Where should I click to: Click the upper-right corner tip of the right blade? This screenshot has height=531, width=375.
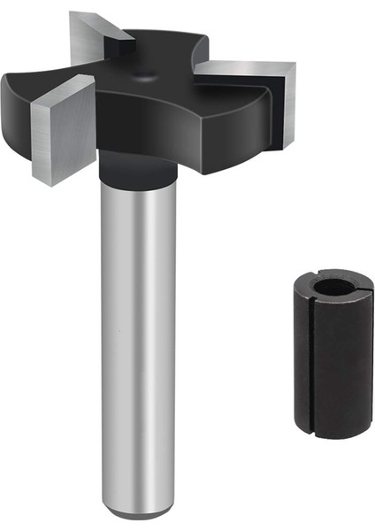pos(293,63)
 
